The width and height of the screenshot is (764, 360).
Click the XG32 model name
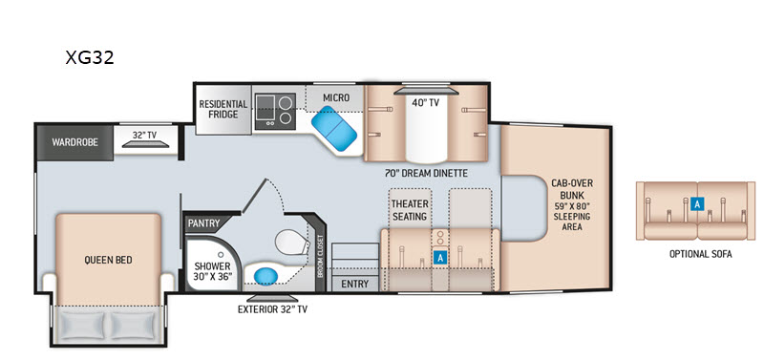coord(90,57)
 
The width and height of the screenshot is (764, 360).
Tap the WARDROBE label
coord(75,142)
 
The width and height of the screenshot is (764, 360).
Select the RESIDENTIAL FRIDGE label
coord(223,109)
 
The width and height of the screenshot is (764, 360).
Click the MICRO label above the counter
coord(336,97)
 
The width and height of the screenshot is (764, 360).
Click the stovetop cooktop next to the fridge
coord(275,111)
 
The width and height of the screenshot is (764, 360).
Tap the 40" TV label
coord(426,103)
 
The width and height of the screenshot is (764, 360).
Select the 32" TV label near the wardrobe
coord(145,135)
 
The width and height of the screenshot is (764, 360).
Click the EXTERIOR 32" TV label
coord(272,308)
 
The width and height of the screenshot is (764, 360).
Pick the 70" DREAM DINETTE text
coord(426,173)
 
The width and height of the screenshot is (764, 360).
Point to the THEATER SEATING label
coord(410,210)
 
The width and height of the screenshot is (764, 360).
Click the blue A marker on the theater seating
coord(440,258)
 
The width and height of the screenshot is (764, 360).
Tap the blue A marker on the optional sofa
coord(697,204)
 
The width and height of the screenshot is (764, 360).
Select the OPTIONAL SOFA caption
coord(701,254)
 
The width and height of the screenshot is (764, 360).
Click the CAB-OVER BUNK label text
coord(572,188)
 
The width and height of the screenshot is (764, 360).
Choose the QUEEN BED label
coord(108,260)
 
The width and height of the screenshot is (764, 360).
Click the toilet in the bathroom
coord(292,243)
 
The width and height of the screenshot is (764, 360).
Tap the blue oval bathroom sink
coord(266,277)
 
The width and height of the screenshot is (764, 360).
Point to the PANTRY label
coord(203,223)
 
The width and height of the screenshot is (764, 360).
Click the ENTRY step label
coord(354,284)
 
